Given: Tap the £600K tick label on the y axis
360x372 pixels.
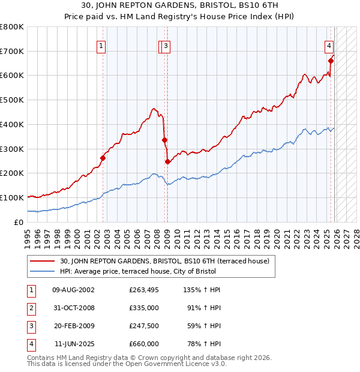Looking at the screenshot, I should click(11, 76).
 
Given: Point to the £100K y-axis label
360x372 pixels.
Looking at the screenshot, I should click(11, 197).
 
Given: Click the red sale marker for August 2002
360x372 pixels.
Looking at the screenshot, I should click(103, 158).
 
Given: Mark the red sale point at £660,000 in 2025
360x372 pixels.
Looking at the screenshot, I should click(331, 61).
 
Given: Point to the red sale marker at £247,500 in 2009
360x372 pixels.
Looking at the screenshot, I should click(167, 161).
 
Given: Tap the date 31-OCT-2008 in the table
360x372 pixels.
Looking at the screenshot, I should click(73, 308).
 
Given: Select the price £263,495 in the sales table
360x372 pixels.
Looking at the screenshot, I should click(144, 290).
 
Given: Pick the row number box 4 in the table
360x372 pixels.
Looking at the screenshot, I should click(31, 344).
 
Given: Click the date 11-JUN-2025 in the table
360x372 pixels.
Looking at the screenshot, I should click(74, 344).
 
